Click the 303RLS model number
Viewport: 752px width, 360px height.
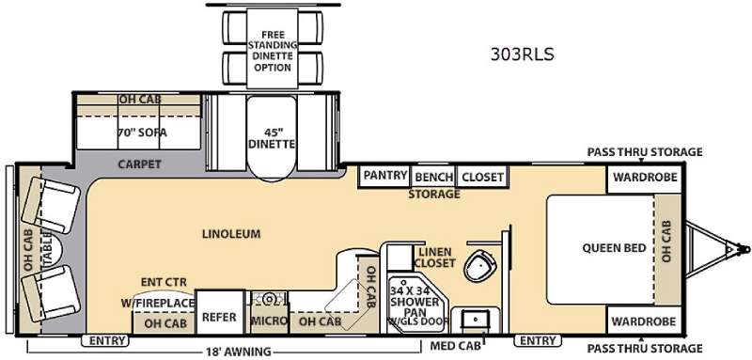(x=522, y=55)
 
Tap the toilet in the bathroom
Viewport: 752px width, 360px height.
(x=478, y=264)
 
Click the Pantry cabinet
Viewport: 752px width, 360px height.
(x=385, y=177)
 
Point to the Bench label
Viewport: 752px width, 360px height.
(x=434, y=178)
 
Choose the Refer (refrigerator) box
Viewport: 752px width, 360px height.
(x=220, y=313)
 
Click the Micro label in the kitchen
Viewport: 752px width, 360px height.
(x=269, y=321)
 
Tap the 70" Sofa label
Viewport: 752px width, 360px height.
(x=143, y=133)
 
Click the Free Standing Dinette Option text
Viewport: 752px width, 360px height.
(x=273, y=52)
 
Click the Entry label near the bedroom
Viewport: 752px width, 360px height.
(x=538, y=341)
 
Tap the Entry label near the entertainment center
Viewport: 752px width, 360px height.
(x=106, y=341)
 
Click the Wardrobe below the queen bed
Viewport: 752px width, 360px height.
(x=645, y=321)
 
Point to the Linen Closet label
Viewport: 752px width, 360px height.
(x=434, y=257)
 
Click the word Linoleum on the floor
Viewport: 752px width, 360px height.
(x=231, y=234)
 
